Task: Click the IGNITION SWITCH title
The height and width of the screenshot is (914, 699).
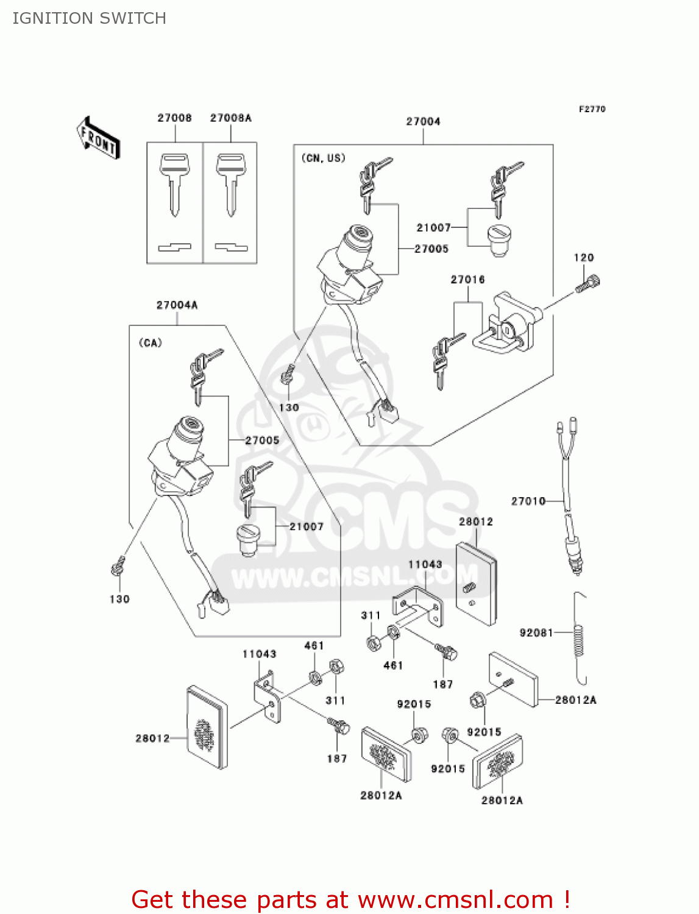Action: (x=89, y=18)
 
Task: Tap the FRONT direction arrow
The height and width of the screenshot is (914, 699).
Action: (x=98, y=138)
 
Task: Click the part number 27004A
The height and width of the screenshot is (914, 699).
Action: (x=177, y=305)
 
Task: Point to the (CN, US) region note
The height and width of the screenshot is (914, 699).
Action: (x=324, y=158)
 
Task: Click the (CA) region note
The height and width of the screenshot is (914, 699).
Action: (x=151, y=342)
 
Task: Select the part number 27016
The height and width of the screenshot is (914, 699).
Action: (x=467, y=280)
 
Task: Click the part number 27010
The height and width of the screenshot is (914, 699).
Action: (x=528, y=501)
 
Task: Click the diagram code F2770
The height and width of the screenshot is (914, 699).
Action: (x=592, y=109)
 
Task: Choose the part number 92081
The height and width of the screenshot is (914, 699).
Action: (x=536, y=632)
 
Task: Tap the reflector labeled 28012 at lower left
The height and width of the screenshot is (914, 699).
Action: (x=207, y=727)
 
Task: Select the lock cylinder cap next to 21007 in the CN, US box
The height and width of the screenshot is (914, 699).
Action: (x=499, y=239)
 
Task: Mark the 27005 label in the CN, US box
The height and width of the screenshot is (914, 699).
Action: (x=431, y=249)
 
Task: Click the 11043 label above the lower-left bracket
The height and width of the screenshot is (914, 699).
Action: (x=259, y=654)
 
